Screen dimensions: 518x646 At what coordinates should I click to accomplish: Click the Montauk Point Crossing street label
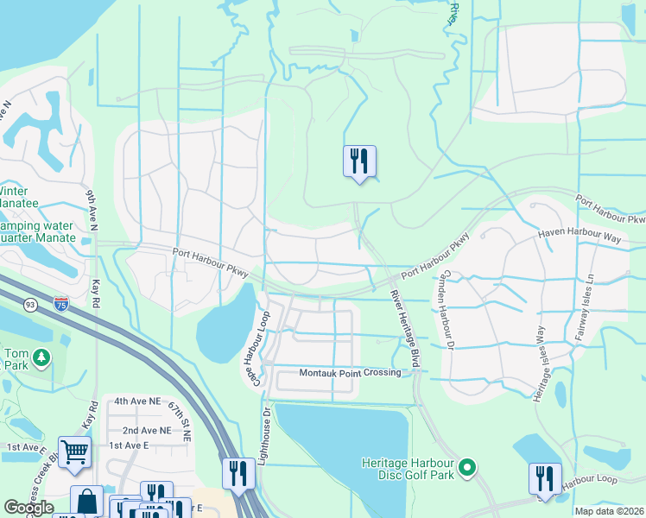(x=350, y=373)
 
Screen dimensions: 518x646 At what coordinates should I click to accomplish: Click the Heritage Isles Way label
(x=540, y=362)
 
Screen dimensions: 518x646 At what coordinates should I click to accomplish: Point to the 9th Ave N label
(x=92, y=208)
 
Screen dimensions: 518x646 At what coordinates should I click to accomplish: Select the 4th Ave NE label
(x=138, y=401)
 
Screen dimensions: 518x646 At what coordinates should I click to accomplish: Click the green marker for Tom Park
(x=37, y=356)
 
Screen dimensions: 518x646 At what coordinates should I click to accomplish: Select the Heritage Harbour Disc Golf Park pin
(x=467, y=469)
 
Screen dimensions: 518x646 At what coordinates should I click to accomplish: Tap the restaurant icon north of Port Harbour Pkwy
(x=359, y=161)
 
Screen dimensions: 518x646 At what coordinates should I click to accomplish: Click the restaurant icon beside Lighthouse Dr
(x=237, y=473)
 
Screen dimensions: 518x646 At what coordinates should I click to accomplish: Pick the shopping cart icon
(x=74, y=451)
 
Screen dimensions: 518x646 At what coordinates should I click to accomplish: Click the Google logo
(x=28, y=509)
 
